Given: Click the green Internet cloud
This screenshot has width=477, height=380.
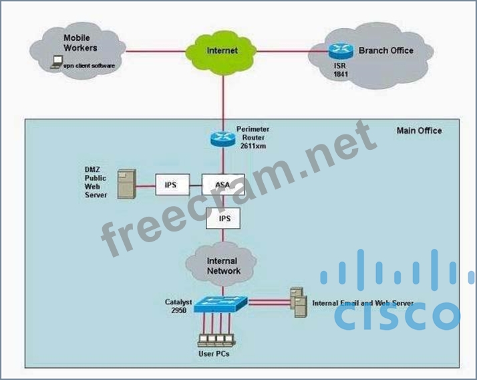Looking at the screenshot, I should click(x=222, y=50).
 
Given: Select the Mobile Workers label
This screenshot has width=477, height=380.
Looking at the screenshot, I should click(x=80, y=43).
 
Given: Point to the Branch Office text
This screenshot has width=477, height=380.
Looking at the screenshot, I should click(x=385, y=50).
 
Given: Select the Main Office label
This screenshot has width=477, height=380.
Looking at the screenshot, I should click(x=419, y=130).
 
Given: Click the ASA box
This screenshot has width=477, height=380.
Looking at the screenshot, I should click(x=222, y=184).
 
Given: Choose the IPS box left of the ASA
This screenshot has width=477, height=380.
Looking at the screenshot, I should click(x=170, y=184).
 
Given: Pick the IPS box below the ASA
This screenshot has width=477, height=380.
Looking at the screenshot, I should click(x=223, y=218).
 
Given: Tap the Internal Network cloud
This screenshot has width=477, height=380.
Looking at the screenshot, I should click(x=223, y=265).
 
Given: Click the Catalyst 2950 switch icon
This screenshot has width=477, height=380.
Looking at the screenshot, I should click(x=220, y=304).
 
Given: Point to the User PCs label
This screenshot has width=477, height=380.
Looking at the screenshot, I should click(x=216, y=353).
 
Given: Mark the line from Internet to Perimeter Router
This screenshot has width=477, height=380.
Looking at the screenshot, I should click(x=222, y=97).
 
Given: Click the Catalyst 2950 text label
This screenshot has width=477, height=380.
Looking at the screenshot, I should click(x=178, y=306).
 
